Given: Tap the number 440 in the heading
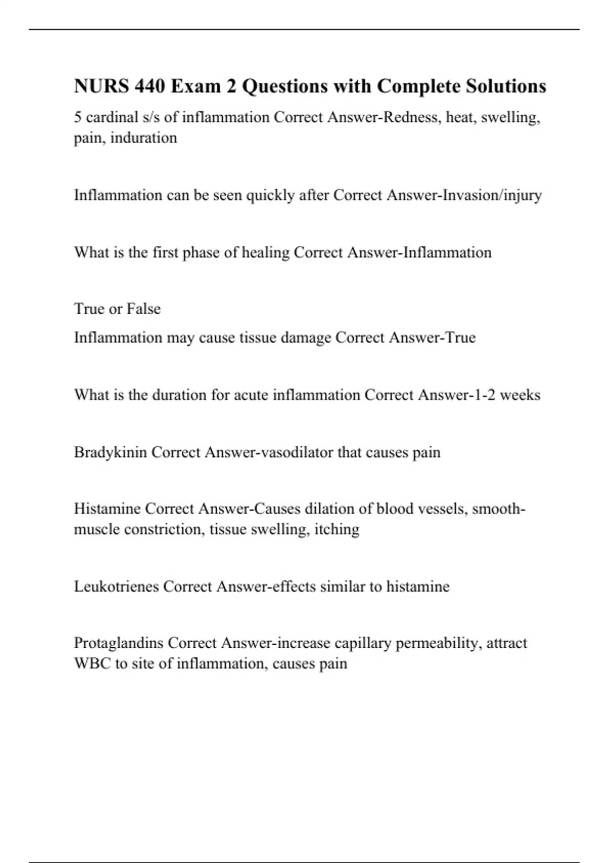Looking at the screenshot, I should [150, 86].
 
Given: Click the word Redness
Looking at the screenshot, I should [412, 117].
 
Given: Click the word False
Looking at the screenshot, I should [144, 309].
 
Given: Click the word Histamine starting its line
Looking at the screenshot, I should [107, 509].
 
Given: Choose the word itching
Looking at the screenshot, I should [337, 529].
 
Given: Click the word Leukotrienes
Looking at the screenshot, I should [116, 587].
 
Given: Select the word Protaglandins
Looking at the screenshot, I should [118, 643].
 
